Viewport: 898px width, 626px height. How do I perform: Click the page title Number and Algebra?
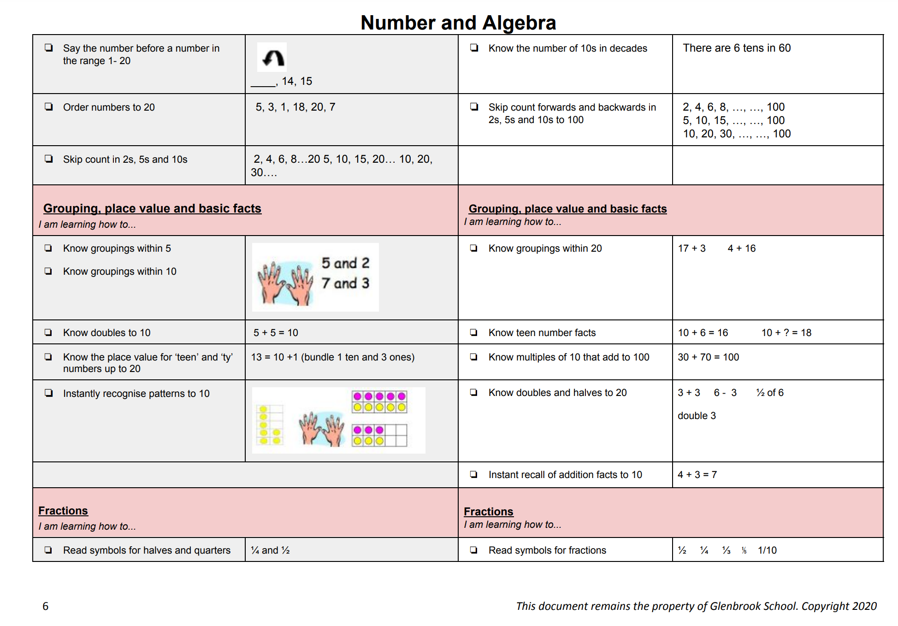click(x=458, y=23)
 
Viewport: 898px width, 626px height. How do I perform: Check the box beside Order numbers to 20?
click(x=48, y=107)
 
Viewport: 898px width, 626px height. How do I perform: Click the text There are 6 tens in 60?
click(x=736, y=48)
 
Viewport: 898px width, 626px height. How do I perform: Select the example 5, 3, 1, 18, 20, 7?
click(x=295, y=107)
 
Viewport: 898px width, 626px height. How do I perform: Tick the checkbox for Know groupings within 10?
click(x=48, y=271)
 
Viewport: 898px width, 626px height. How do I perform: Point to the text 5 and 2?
click(x=345, y=263)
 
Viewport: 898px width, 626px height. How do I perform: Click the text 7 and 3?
click(x=345, y=283)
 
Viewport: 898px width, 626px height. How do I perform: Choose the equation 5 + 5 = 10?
click(x=276, y=332)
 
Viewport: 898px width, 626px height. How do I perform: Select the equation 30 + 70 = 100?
click(x=708, y=357)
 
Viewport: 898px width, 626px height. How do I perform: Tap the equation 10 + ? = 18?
click(x=786, y=332)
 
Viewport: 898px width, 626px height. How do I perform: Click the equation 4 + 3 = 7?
click(x=697, y=474)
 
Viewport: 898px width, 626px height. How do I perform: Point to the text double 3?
click(x=697, y=415)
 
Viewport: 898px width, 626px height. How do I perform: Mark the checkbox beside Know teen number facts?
click(x=473, y=332)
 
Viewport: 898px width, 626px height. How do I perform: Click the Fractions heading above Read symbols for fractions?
click(x=488, y=511)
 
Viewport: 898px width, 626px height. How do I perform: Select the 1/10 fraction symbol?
click(x=767, y=550)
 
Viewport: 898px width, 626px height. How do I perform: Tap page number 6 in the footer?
click(x=45, y=606)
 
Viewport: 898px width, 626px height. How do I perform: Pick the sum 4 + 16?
click(x=741, y=248)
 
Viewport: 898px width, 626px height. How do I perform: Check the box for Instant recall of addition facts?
click(x=473, y=474)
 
